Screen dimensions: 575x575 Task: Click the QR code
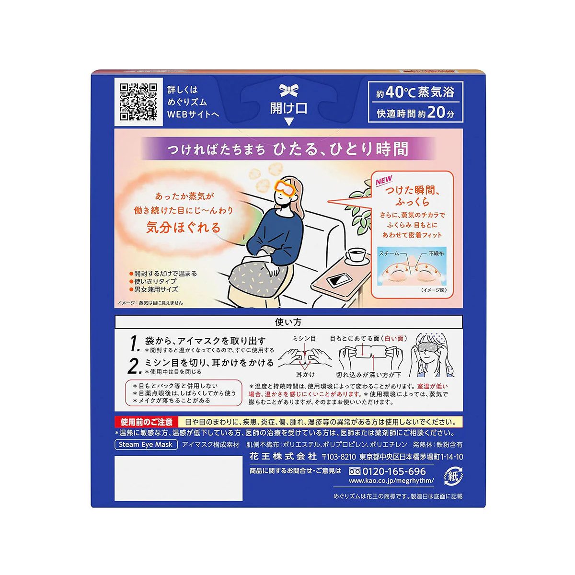tap(138, 102)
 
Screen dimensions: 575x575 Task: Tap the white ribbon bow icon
tap(289, 91)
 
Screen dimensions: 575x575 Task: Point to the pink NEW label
tap(384, 181)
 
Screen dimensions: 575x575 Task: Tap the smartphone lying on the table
tap(339, 280)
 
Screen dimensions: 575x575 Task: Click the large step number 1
tap(135, 344)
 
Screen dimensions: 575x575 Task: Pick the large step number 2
tap(135, 366)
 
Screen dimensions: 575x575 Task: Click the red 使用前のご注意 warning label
tap(147, 422)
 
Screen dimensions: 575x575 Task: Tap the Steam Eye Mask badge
tap(146, 445)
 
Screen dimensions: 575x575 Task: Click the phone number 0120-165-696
tap(394, 471)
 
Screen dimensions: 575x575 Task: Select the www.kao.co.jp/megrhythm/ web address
tap(391, 481)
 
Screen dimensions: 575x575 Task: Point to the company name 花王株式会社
tap(283, 456)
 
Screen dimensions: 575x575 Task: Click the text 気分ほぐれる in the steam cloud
tap(183, 228)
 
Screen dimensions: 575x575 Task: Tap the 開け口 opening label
tap(288, 108)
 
